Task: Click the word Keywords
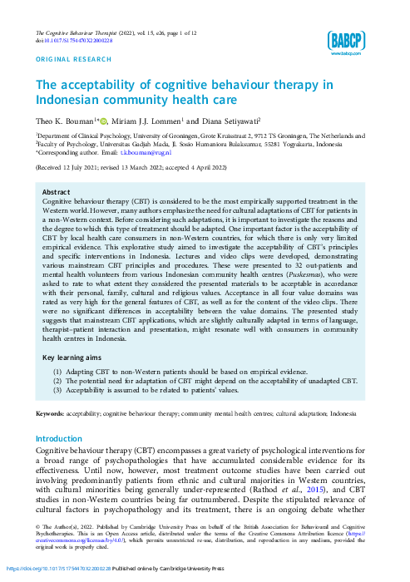point(49,413)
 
